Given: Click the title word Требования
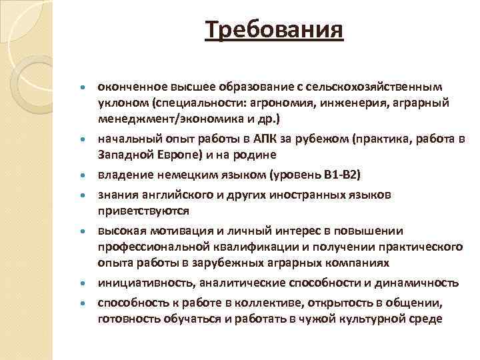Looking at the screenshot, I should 275,29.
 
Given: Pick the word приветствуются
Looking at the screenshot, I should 143,210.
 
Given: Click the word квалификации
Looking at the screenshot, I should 254,247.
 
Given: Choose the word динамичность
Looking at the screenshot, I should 418,283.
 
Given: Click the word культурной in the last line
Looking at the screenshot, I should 374,318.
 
